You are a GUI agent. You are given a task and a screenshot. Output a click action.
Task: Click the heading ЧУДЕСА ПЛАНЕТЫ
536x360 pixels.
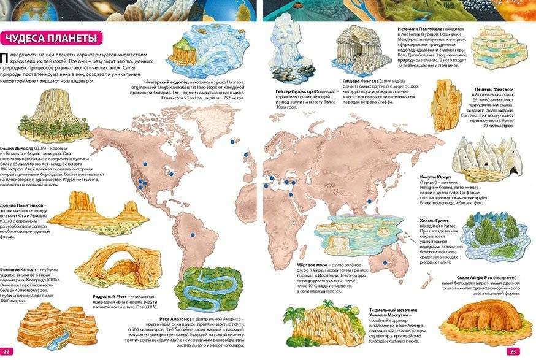(x=51, y=38)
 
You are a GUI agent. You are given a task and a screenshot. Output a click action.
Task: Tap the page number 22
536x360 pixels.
(x=7, y=351)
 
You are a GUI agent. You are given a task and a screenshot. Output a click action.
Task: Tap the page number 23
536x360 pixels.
(x=513, y=351)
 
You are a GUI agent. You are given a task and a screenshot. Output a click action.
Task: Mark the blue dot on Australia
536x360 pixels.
(x=385, y=263)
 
